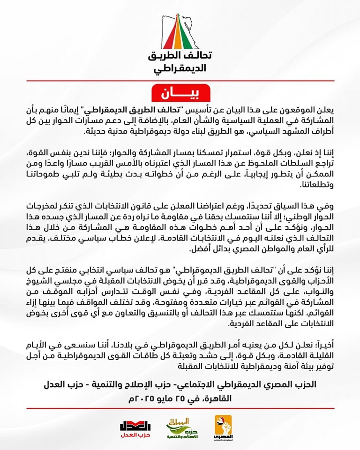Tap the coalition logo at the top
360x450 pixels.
[x=180, y=29]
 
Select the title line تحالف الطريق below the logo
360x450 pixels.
[x=180, y=56]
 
